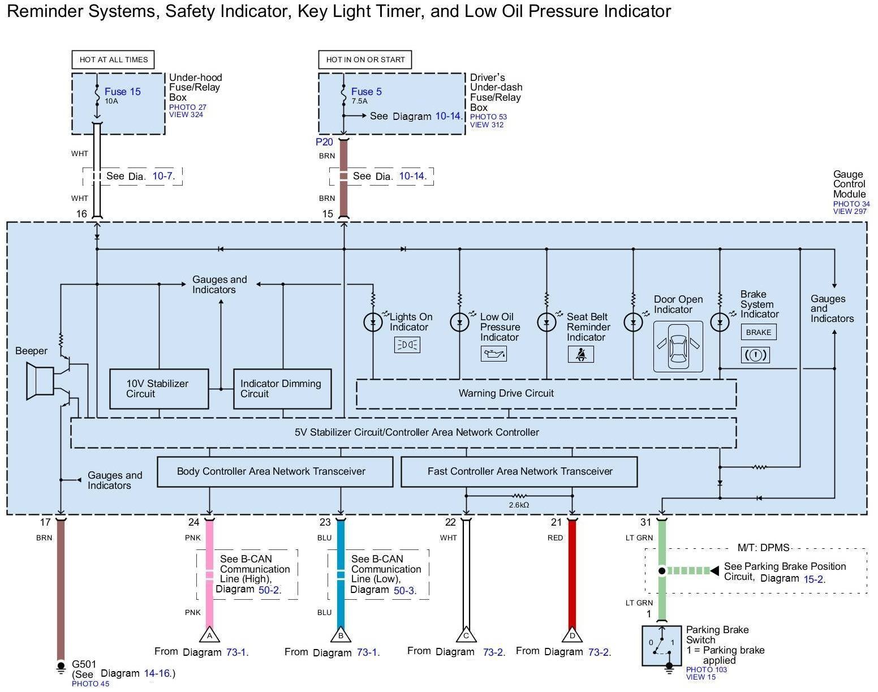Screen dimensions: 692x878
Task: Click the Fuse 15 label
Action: point(122,92)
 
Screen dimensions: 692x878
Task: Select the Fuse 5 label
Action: point(366,92)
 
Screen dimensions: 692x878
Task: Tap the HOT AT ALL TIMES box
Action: point(113,59)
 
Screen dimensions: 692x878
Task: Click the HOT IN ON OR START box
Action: point(365,59)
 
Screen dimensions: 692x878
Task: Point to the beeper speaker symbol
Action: point(40,382)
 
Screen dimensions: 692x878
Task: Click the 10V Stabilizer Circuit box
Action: point(158,389)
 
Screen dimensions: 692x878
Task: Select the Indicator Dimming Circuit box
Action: point(282,389)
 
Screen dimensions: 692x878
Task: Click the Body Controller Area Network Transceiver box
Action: point(274,471)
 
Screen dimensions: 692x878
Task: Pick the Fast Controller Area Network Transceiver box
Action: point(519,471)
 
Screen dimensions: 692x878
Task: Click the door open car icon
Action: point(678,346)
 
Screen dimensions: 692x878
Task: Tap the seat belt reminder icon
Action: point(580,354)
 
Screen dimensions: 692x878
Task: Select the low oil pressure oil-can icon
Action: point(493,354)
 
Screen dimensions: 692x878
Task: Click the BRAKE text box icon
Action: point(758,332)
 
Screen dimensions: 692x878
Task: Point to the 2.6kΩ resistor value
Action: point(518,505)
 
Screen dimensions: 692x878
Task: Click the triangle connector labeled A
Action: point(209,635)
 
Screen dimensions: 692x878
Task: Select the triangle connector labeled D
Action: point(572,635)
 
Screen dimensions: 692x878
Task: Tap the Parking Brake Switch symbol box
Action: point(661,646)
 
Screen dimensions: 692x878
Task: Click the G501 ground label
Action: point(84,664)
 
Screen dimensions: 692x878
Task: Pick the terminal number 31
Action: point(645,522)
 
